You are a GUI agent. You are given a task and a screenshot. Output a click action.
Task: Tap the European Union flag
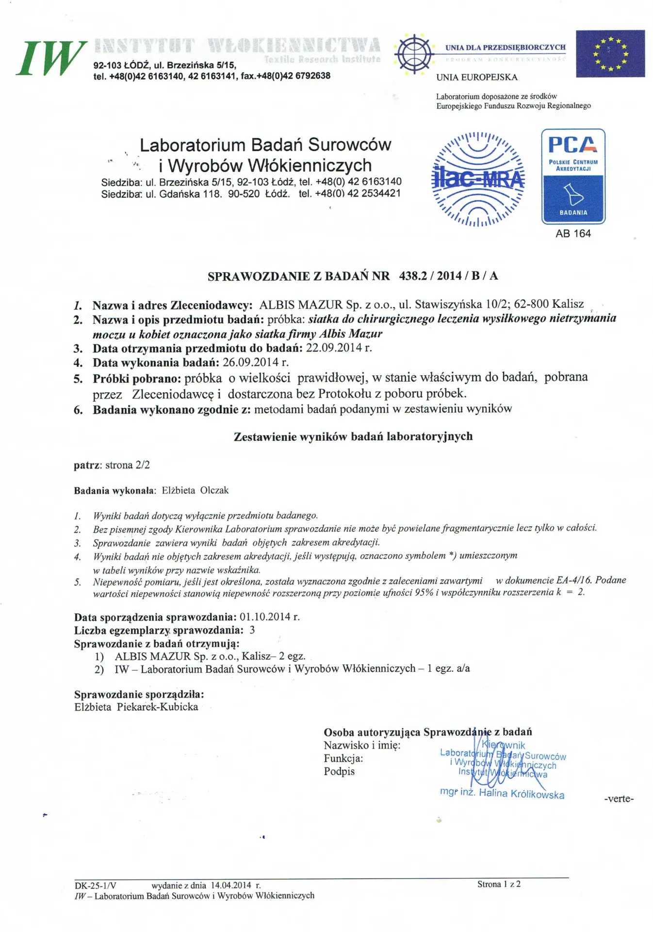[610, 54]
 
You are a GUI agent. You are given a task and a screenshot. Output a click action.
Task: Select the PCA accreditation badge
[573, 176]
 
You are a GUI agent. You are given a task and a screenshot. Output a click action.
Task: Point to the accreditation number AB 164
[573, 233]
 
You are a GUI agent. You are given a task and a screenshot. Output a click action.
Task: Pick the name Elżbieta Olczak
[195, 490]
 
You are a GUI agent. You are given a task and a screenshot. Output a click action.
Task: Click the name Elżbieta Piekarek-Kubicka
[136, 707]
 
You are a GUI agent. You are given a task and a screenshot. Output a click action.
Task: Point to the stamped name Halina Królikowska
[522, 794]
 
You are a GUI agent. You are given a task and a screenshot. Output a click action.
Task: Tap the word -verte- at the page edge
[619, 799]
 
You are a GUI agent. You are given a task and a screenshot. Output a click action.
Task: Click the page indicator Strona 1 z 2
[499, 884]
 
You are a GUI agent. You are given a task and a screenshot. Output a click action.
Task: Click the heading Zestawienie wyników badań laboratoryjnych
[353, 436]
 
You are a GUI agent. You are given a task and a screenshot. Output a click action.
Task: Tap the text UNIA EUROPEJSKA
[476, 77]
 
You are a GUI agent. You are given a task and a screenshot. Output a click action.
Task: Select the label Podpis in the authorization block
[339, 771]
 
